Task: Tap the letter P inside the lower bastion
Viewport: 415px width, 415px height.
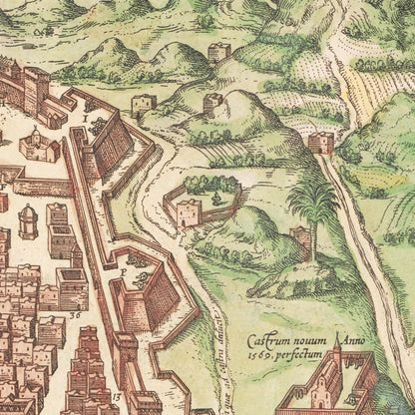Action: coord(121,269)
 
